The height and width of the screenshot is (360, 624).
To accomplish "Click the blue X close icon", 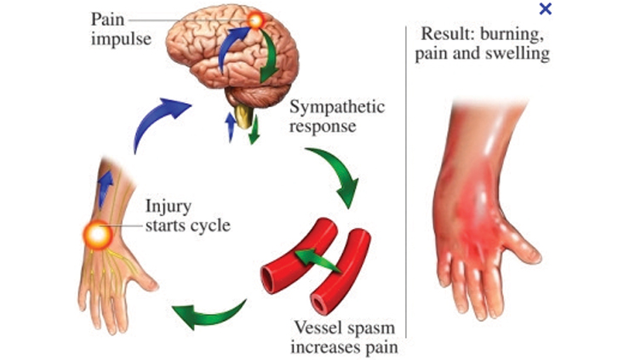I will [546, 9].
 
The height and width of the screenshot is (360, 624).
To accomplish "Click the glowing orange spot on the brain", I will [255, 21].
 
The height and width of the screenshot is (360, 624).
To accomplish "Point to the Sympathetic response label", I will [336, 117].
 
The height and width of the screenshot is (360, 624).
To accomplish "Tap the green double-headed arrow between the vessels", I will [317, 260].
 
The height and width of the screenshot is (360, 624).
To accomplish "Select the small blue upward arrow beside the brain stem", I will [229, 126].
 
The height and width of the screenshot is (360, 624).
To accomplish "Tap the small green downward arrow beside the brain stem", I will [255, 132].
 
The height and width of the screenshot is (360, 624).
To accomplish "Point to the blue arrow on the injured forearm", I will [104, 188].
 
